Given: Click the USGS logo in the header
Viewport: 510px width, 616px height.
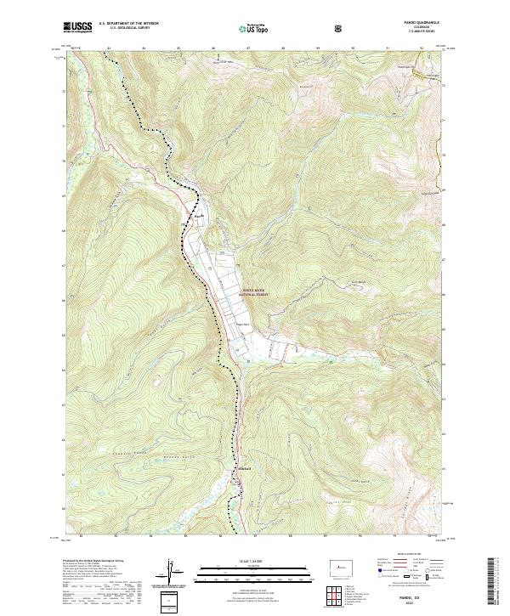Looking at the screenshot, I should pos(78,27).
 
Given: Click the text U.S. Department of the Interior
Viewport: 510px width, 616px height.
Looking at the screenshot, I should pos(128,23).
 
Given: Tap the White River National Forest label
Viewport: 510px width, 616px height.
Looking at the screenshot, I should pos(260,291).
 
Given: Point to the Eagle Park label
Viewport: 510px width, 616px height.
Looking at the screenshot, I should pos(244,324).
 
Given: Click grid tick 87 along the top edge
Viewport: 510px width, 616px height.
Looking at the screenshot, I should pos(247,48).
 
